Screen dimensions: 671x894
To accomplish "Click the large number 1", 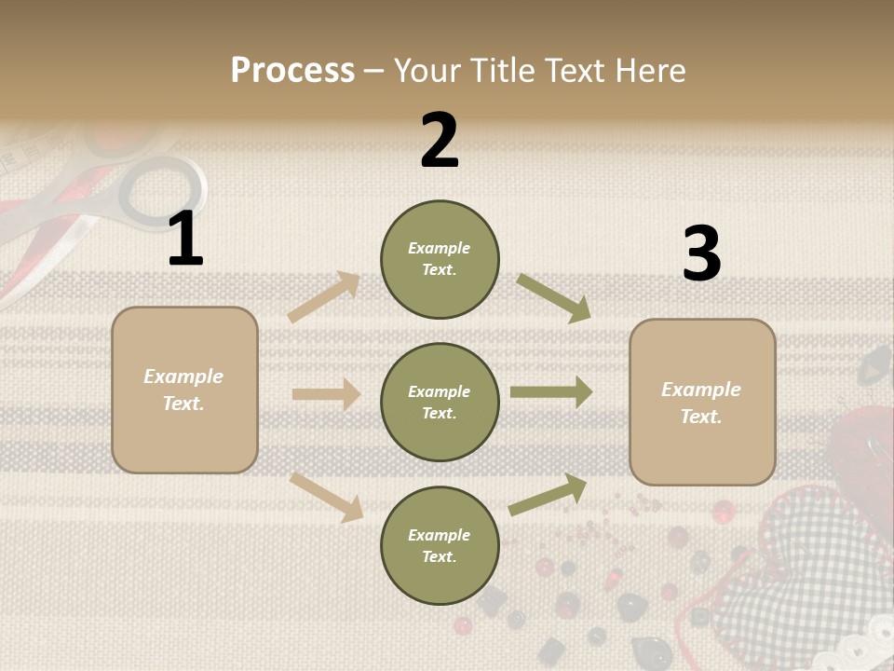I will point(185,240).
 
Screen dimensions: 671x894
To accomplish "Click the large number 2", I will point(440,142).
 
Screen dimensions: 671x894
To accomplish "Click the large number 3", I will point(701,255).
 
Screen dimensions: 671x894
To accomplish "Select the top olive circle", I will point(440,259).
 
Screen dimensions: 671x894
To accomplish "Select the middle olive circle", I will point(440,402).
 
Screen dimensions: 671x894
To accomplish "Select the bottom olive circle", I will point(440,545).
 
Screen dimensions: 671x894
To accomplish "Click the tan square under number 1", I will point(184,390).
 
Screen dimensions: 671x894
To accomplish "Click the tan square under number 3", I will point(702,403).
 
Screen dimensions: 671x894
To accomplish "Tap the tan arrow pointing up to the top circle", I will point(324,296).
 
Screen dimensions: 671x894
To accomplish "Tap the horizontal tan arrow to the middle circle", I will point(326,394).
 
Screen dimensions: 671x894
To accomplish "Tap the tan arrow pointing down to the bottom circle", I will point(327,496).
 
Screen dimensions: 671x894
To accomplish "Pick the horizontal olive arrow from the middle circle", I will point(551,392).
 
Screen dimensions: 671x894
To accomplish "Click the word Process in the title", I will point(292,70).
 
